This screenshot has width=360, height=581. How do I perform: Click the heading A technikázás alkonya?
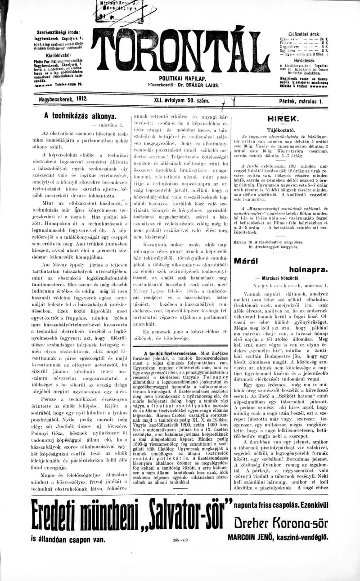tap(80, 116)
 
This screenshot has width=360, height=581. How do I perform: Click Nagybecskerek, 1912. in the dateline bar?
tap(63, 98)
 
